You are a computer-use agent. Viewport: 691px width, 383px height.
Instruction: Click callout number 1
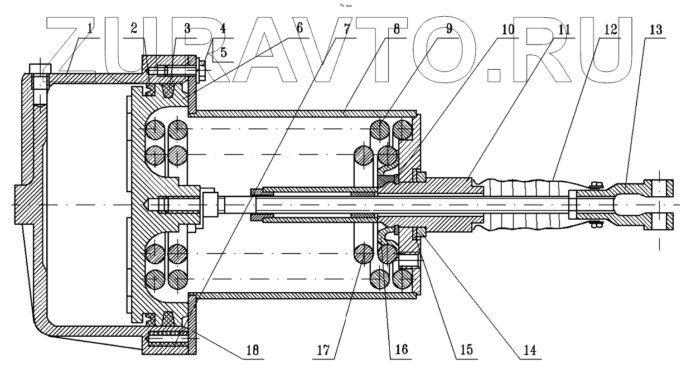click(90, 29)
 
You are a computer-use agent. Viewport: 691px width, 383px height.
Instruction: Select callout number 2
click(134, 29)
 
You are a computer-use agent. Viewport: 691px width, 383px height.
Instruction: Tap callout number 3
click(187, 29)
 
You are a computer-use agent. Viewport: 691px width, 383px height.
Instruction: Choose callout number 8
click(397, 29)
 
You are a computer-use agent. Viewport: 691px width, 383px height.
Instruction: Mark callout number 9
click(450, 29)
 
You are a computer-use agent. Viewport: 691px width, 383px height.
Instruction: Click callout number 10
click(508, 29)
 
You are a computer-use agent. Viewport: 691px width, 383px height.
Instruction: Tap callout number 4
click(223, 29)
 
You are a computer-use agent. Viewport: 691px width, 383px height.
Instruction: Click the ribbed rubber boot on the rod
click(524, 204)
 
